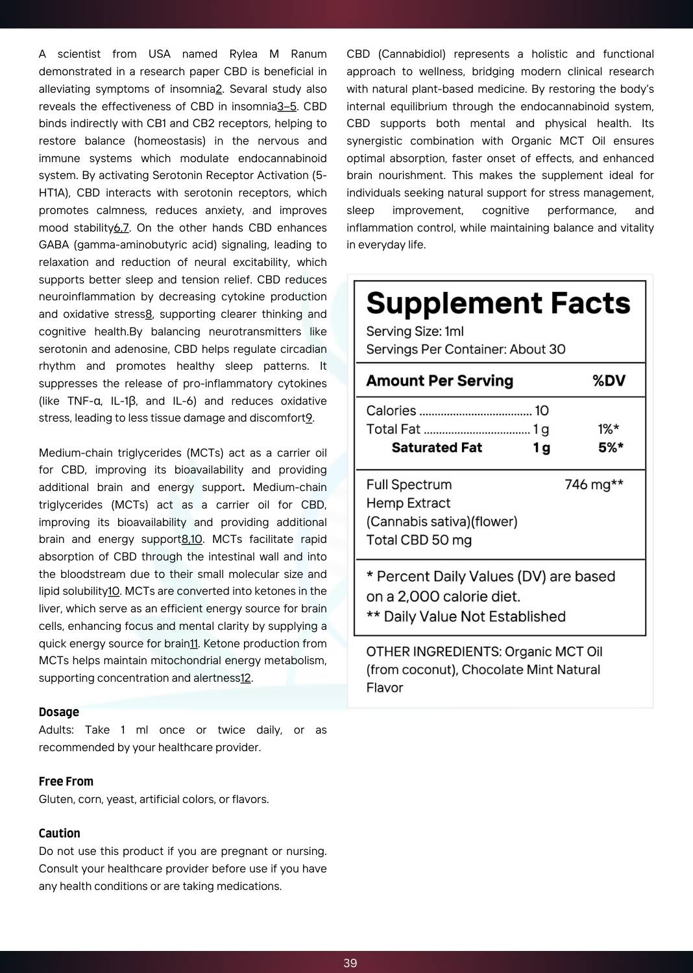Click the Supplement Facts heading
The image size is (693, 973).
(498, 304)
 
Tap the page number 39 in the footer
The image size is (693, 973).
(350, 963)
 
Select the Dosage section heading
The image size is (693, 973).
(59, 712)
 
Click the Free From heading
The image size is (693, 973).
(66, 782)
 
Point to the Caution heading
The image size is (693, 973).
(60, 834)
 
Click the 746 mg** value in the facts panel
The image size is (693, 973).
(594, 485)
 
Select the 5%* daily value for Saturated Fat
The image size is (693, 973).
(611, 448)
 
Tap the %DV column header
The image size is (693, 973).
(609, 381)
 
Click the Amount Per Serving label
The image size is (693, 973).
(439, 381)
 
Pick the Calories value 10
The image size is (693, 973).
(542, 411)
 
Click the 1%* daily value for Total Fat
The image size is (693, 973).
(609, 429)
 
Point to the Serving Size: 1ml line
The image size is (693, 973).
(415, 331)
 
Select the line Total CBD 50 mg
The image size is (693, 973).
(419, 540)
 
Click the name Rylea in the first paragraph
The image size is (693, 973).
(243, 54)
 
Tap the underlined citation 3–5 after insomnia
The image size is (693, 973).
(287, 106)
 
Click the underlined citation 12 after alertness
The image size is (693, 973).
(245, 678)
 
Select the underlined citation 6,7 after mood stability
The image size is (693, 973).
(121, 228)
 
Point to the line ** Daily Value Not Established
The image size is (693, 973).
(466, 616)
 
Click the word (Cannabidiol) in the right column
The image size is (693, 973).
(412, 54)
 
